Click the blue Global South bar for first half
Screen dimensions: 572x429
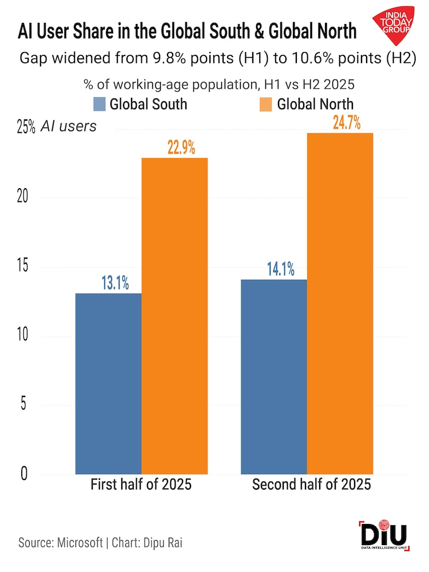109,383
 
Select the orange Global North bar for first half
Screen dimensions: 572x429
174,315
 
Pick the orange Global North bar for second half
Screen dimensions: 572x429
340,303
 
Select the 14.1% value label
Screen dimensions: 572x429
279,269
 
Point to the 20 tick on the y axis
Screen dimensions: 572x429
22,197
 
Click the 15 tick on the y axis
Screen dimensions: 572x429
22,267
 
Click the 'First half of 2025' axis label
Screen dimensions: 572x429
141,485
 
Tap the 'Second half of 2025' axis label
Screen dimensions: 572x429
311,485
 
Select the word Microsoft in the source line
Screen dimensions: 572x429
81,542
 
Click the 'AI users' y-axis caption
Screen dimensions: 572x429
68,126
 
